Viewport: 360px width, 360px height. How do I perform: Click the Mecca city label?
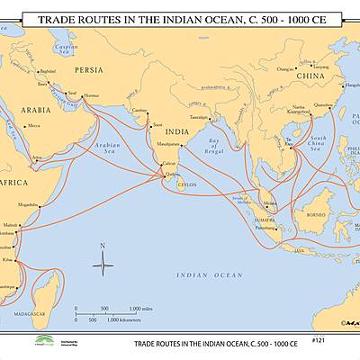point(33,126)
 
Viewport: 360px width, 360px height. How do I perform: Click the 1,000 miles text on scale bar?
point(140,309)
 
